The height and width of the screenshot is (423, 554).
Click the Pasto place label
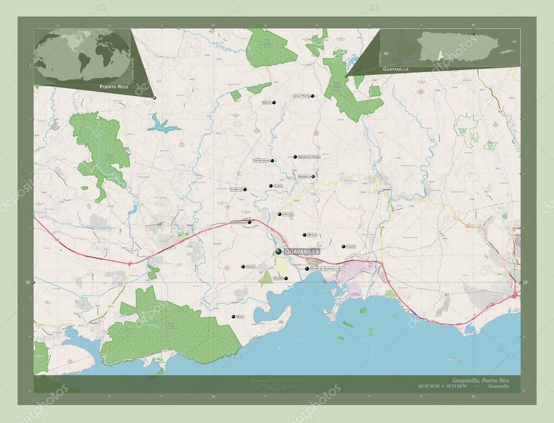(x=266, y=102)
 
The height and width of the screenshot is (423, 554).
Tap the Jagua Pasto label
(x=301, y=96)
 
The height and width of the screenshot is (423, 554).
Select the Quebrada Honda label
(x=310, y=157)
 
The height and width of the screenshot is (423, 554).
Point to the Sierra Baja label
(x=261, y=160)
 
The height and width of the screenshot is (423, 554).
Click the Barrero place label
(x=304, y=177)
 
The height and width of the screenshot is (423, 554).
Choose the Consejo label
(x=236, y=189)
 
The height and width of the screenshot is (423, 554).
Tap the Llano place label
(x=278, y=186)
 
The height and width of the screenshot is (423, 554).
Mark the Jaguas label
(x=288, y=214)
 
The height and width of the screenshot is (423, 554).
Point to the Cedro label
(x=351, y=246)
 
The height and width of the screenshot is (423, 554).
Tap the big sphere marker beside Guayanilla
(x=278, y=252)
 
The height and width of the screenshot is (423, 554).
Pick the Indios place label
(x=250, y=266)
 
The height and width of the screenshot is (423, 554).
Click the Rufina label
(x=278, y=278)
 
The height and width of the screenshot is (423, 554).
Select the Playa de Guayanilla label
(x=325, y=268)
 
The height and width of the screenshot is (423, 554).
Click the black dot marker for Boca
(x=233, y=317)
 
